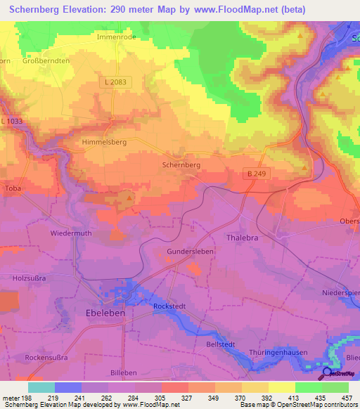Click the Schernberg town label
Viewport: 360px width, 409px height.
[x=181, y=164]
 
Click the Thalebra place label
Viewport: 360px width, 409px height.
[x=243, y=238]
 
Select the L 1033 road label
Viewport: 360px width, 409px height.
[x=12, y=122]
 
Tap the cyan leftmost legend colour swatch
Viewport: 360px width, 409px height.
[x=41, y=387]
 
